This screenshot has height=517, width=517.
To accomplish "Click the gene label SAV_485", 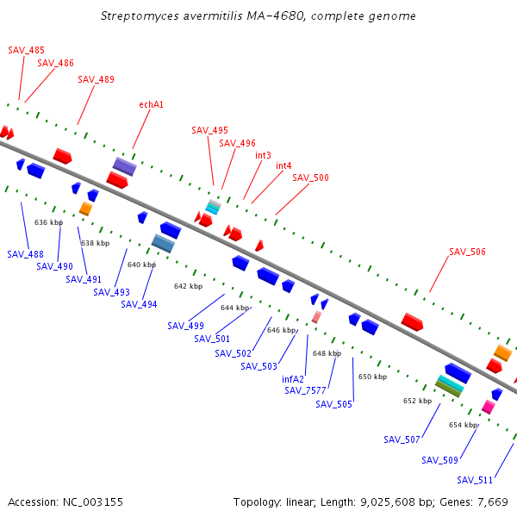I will pos(26,51).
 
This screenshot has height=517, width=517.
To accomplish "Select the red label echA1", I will pos(151,104).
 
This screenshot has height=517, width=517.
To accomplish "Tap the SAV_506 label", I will pos(467,252).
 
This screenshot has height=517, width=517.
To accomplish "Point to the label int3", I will pos(263,155).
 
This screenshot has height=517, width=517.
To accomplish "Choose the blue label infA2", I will pos(293,378).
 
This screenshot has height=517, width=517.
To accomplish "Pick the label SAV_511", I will pos(475,480).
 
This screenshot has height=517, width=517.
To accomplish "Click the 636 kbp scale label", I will pos(49,222).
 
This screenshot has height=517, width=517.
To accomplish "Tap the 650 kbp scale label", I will pos(373,377).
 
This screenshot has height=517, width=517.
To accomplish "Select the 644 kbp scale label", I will pos(234,308).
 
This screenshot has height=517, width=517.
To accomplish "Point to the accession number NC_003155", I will pos(90,501).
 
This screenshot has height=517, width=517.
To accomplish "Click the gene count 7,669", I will pos(490,501).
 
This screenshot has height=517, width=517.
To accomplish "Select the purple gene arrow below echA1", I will pos(124,165).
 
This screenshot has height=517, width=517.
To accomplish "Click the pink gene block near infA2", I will pos(316,318).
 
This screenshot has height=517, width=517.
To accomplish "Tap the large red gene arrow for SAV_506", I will pos(412,321).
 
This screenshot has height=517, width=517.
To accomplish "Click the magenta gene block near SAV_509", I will pos(488,407).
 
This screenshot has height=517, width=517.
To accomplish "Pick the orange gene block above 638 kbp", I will pos(85,209).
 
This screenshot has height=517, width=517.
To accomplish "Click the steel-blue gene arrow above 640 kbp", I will pos(163,244).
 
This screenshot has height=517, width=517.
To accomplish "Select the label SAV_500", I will pos(310,178).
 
